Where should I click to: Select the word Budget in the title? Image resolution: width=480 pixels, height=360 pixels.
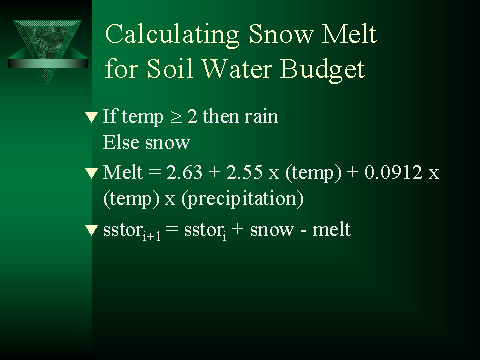tap(322, 70)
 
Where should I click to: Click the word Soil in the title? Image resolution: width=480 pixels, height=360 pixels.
tap(170, 68)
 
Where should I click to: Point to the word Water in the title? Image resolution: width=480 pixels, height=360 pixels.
tap(236, 68)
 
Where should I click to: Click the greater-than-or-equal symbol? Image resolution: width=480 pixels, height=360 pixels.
tap(176, 117)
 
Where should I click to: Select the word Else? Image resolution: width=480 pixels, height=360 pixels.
tap(121, 142)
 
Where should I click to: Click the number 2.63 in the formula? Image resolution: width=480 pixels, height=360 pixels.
tap(184, 172)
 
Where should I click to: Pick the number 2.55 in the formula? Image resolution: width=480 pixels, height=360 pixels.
tap(244, 172)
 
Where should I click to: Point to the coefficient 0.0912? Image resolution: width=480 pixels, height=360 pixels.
tap(393, 172)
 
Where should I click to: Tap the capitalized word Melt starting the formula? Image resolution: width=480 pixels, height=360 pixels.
tap(123, 172)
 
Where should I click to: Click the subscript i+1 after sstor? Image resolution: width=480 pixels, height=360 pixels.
tap(151, 236)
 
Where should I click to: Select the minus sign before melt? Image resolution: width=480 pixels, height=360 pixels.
tap(303, 231)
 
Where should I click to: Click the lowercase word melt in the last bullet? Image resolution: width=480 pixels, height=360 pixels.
tap(331, 229)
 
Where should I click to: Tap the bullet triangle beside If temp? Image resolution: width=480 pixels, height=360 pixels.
tap(91, 117)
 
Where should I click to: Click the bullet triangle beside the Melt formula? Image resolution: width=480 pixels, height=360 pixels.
tap(91, 173)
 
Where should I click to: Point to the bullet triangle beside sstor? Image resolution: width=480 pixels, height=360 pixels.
tap(91, 230)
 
